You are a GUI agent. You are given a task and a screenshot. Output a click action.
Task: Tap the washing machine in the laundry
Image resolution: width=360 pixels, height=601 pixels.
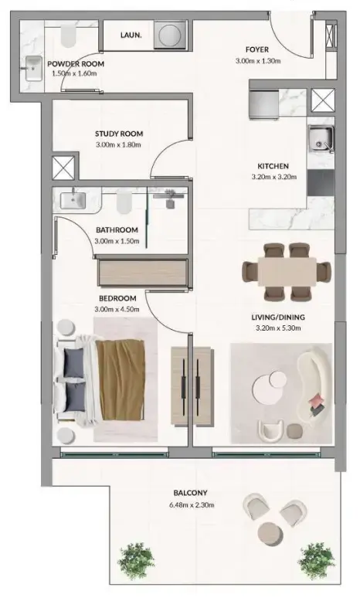point(167,35)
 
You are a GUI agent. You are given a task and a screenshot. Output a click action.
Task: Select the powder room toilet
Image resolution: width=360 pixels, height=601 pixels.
point(69,33)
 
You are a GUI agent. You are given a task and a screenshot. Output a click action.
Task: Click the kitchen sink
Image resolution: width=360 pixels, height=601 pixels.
point(319,139)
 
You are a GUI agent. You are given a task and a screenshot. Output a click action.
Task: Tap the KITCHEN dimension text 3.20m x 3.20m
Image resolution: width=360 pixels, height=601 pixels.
point(273,178)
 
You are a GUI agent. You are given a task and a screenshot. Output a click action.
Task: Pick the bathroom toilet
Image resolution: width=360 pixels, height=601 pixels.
point(124,202)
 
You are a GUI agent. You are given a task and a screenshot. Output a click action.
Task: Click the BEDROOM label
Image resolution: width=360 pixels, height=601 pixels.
point(117,298)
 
